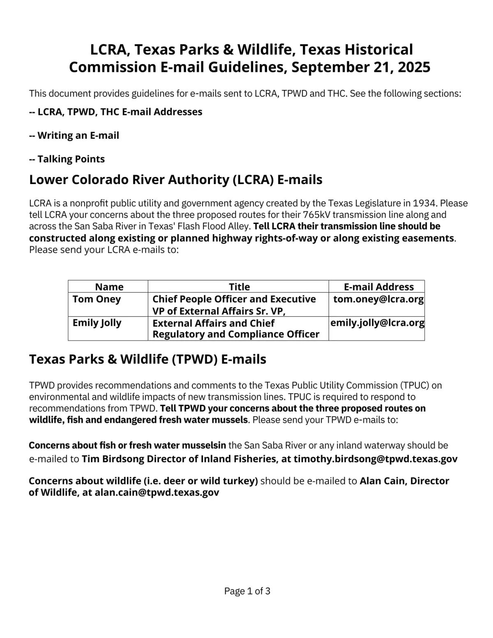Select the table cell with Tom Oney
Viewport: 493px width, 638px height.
coord(97,299)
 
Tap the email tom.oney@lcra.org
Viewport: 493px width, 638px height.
coord(378,299)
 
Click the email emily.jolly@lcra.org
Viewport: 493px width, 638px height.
coord(377,323)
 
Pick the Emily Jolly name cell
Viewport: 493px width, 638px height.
coord(97,323)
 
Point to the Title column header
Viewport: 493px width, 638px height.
coord(239,287)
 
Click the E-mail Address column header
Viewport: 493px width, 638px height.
coord(378,287)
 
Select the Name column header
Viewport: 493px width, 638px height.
coord(109,287)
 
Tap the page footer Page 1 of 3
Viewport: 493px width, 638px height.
coord(247,591)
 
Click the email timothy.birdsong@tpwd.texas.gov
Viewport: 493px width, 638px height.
coord(376,459)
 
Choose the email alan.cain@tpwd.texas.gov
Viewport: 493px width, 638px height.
coord(157,492)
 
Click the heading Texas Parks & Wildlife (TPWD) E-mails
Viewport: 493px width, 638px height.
coord(147,359)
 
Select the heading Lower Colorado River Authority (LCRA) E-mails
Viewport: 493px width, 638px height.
coord(175,180)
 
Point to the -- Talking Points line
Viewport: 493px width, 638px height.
coord(67,159)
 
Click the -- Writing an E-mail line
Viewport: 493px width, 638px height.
coord(74,136)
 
